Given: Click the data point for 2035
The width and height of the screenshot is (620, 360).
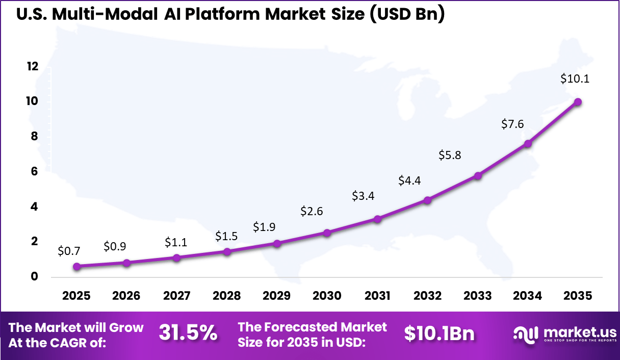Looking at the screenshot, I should click(578, 101).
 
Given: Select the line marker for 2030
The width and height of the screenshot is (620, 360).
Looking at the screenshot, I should click(327, 233).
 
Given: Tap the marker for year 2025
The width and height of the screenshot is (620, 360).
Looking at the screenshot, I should click(77, 266).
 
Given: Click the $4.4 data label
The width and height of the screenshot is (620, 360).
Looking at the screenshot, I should click(410, 180).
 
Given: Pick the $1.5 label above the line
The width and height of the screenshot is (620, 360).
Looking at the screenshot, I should click(226, 236).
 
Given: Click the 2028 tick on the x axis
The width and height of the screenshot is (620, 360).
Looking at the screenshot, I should click(227, 296).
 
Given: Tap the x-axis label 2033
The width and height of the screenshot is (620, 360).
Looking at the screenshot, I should click(477, 296).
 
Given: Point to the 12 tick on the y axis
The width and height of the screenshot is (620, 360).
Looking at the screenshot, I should click(33, 67).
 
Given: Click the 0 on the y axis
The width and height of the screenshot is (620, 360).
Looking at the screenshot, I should click(35, 277).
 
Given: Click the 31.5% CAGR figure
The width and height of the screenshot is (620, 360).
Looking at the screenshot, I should click(188, 333).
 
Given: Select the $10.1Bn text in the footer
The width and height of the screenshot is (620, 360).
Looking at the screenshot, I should click(440, 333).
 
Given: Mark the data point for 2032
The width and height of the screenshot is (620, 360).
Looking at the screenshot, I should click(427, 200).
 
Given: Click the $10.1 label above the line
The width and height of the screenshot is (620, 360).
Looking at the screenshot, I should click(574, 79).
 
